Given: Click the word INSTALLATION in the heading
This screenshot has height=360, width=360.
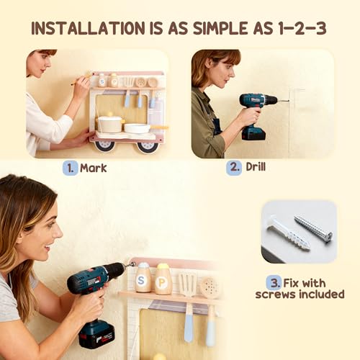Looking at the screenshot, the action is [x=87, y=28].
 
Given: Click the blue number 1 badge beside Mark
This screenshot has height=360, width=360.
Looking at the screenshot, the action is [x=71, y=168].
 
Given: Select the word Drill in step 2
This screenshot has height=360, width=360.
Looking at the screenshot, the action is [x=256, y=166].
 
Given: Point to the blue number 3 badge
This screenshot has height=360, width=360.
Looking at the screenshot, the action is [x=274, y=283].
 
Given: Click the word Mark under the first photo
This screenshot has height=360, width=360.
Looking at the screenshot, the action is [x=93, y=168].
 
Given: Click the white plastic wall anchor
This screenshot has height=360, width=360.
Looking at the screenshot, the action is [x=288, y=233].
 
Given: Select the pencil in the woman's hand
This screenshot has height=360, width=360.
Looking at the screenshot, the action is [x=81, y=80].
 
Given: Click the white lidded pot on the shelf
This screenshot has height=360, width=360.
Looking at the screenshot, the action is [x=110, y=124].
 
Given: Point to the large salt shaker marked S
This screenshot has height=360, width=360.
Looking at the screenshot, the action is [x=143, y=279].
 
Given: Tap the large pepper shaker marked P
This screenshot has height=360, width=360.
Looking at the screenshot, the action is [x=163, y=279].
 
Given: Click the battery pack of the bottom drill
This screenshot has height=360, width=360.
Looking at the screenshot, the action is [x=96, y=334].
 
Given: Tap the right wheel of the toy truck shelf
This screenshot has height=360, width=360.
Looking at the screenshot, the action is [x=146, y=147].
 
